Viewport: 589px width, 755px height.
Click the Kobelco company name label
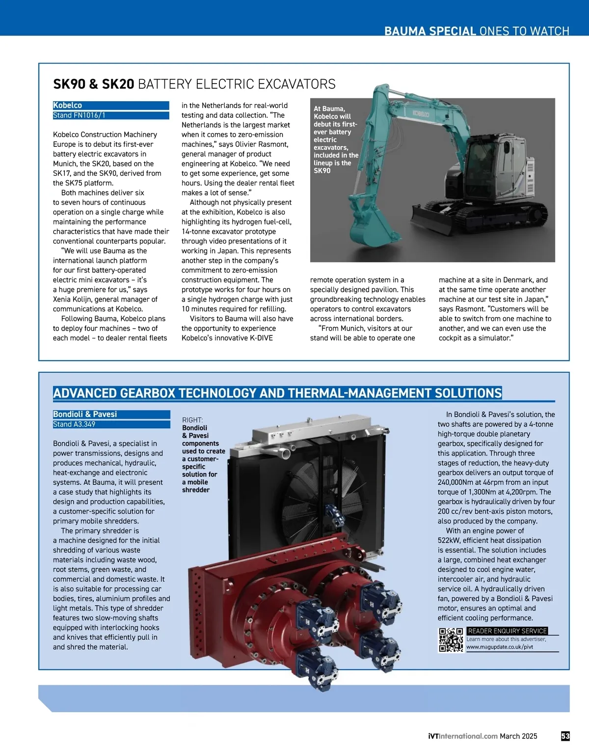(68, 106)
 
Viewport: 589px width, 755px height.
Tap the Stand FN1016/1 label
(79, 115)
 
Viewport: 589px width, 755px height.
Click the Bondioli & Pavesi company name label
(85, 415)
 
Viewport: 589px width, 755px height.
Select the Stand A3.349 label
(74, 424)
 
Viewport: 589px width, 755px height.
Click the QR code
(451, 640)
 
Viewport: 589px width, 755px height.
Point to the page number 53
(565, 736)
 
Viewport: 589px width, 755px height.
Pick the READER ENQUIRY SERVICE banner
(507, 631)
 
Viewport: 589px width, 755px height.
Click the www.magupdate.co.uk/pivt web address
(499, 647)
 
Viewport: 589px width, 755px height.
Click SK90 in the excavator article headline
(69, 84)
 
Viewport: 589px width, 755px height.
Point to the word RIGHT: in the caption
(192, 420)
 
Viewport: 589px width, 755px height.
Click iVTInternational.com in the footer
(462, 736)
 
